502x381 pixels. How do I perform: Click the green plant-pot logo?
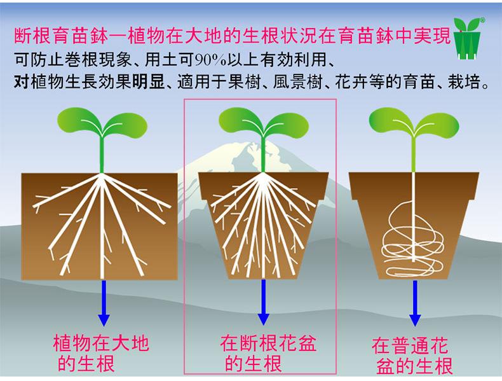click(x=471, y=39)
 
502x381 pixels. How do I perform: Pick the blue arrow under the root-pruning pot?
click(x=262, y=301)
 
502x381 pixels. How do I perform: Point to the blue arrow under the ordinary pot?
click(x=415, y=301)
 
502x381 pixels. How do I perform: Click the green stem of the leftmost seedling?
click(x=102, y=153)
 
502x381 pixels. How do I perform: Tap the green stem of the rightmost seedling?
click(x=413, y=153)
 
